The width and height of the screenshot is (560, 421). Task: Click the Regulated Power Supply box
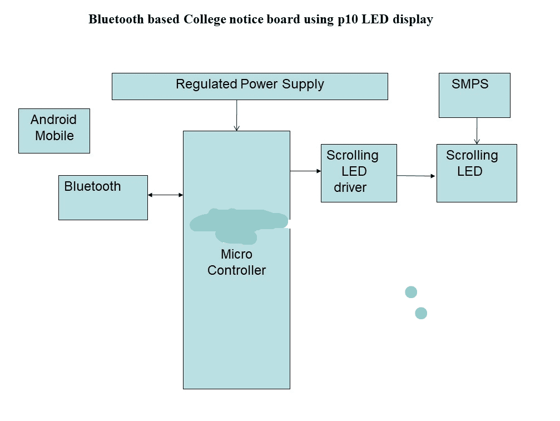250,87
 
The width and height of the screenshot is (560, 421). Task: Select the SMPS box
474,95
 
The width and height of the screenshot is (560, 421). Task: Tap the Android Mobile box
54,131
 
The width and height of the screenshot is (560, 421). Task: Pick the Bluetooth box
103,197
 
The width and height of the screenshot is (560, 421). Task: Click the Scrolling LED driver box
359,173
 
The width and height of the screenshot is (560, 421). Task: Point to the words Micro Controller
237,262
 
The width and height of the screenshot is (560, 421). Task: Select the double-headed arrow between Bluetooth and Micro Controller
165,195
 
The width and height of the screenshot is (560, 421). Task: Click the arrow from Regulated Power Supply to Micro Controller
237,115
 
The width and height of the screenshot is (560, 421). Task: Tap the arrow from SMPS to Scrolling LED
477,131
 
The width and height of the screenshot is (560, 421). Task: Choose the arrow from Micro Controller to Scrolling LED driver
305,171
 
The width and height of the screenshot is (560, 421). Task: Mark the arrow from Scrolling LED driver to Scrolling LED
417,176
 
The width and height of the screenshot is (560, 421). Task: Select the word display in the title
413,20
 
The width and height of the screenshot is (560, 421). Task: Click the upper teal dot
411,292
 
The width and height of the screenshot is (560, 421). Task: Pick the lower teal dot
421,313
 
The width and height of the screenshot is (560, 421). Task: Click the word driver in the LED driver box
350,188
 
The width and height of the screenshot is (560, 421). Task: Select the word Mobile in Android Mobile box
54,136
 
